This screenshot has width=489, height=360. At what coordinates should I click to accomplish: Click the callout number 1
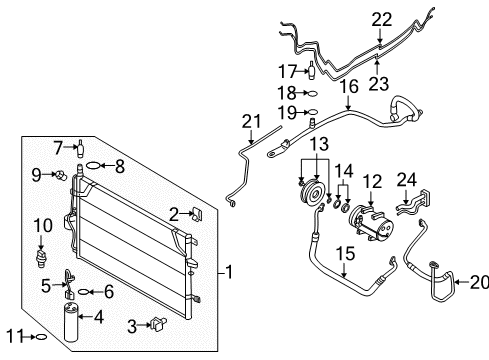tap(228, 271)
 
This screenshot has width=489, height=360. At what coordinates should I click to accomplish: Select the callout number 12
tap(372, 181)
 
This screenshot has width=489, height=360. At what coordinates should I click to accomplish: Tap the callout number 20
tap(476, 282)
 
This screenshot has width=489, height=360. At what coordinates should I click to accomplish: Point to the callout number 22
tap(382, 19)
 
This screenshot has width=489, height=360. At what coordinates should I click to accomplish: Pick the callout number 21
tap(250, 121)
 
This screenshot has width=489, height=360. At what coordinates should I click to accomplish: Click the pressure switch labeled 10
tap(41, 257)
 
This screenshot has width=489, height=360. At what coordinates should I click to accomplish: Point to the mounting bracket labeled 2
tap(196, 212)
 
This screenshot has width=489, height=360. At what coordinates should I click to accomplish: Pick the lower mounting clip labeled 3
tap(158, 324)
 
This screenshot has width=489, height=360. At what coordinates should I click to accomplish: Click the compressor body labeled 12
tap(375, 221)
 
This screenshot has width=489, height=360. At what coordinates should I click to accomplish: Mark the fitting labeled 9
tap(61, 175)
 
